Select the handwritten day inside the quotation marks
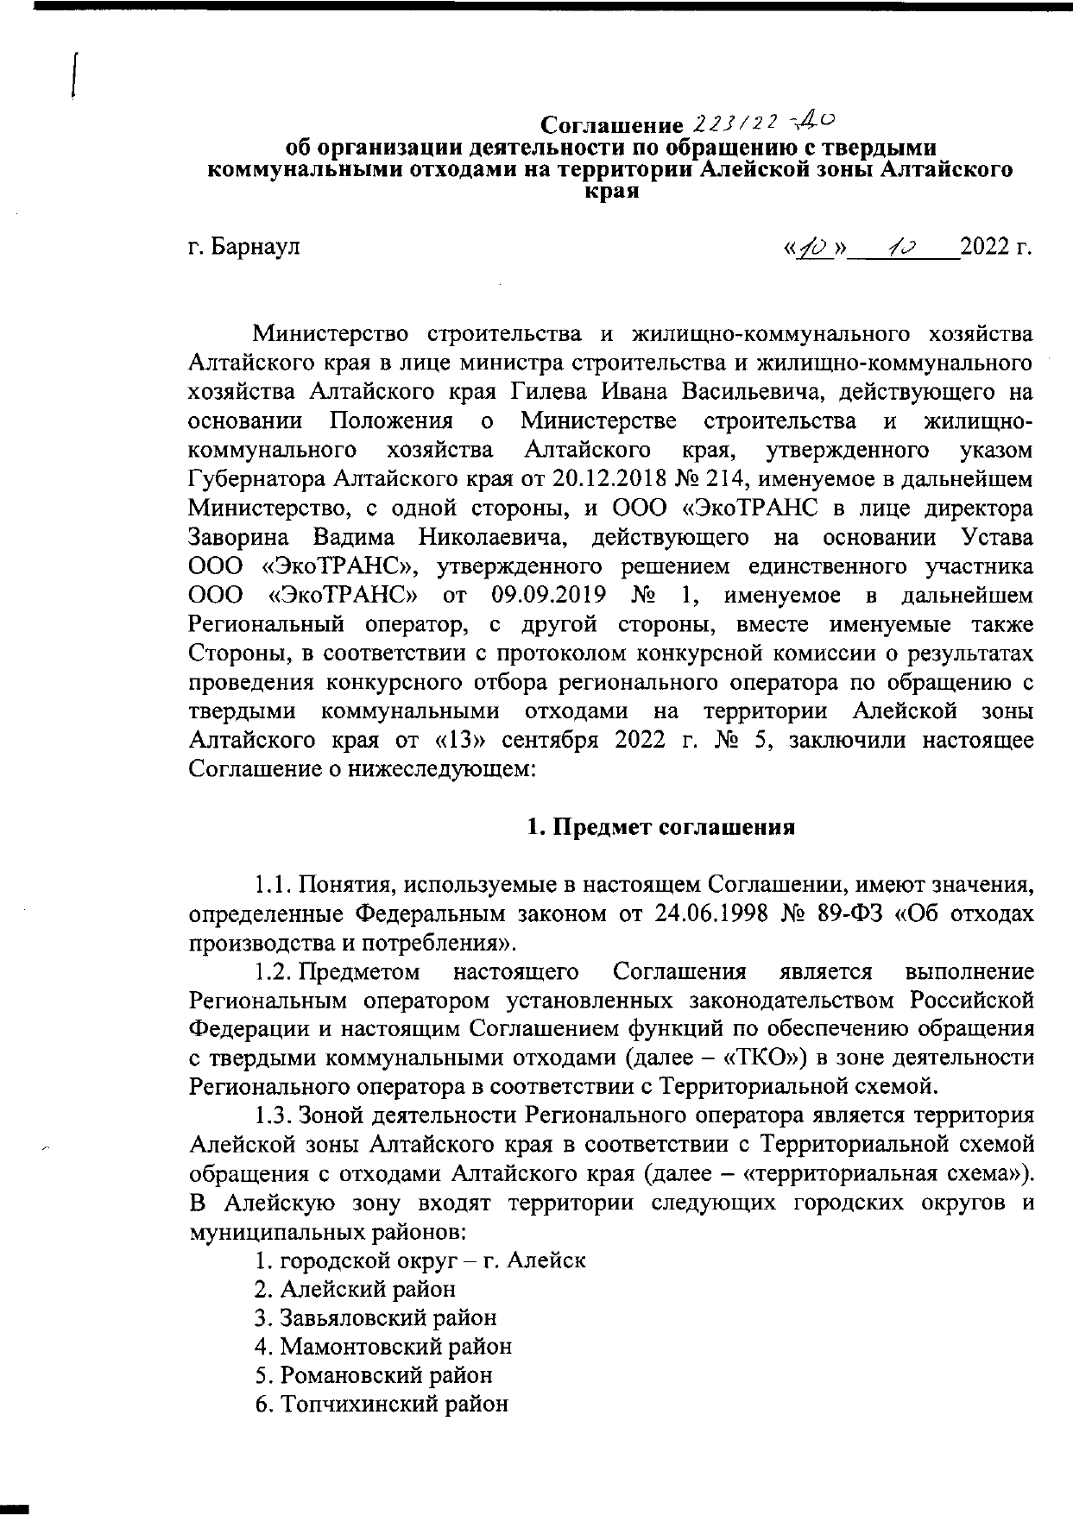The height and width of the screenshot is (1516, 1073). [813, 248]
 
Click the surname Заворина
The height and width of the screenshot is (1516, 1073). [237, 537]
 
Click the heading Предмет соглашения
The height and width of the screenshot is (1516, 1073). [661, 827]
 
